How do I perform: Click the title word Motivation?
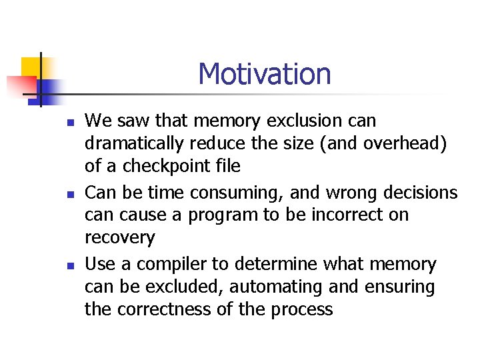tap(264, 74)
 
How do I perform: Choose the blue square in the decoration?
tap(49, 88)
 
